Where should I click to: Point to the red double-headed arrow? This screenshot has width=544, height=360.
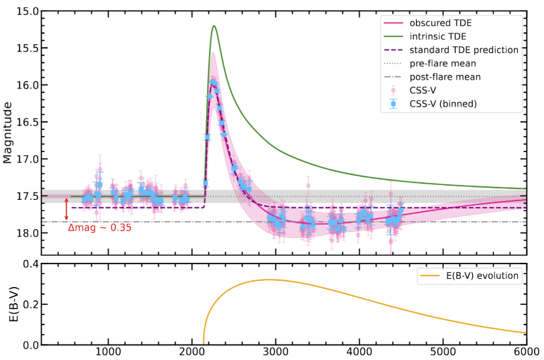(x=66, y=209)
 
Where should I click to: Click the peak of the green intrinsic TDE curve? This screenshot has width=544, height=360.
(x=214, y=26)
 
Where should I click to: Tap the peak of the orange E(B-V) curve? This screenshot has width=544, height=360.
(x=269, y=280)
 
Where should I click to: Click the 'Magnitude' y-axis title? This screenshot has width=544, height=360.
(x=8, y=133)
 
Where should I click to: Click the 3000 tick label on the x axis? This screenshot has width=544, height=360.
(x=275, y=351)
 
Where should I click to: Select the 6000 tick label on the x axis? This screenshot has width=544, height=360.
(x=526, y=351)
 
